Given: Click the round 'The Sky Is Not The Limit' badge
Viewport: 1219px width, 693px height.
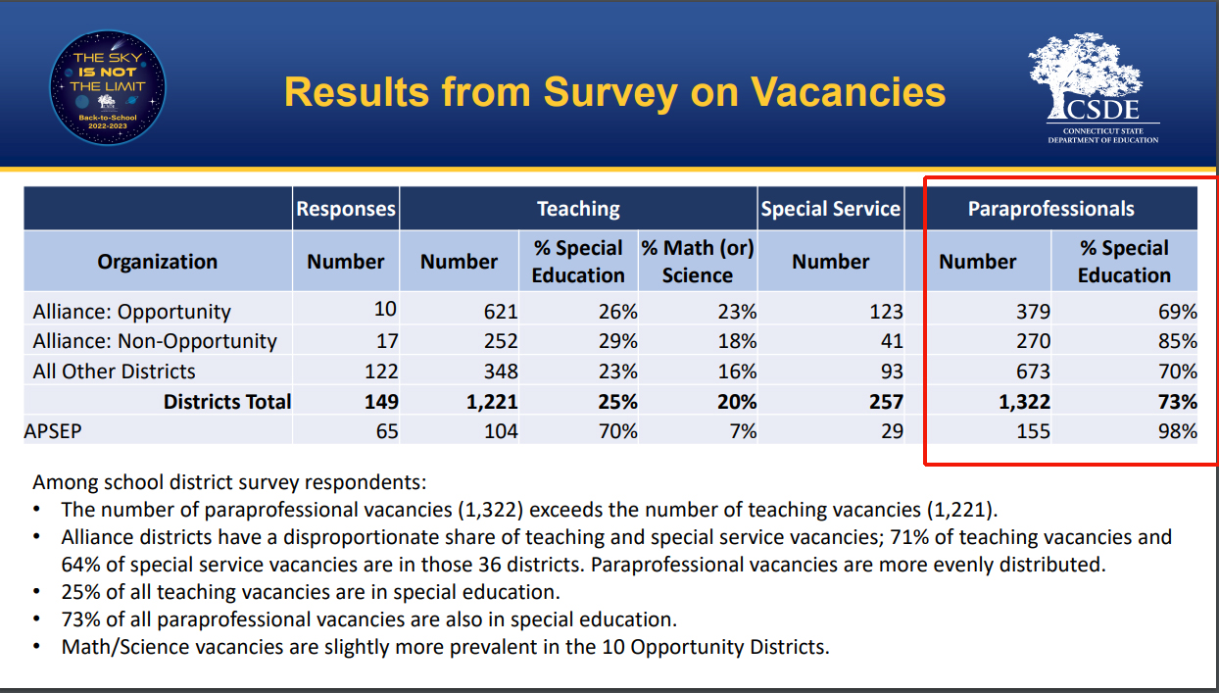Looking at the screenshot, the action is click(x=108, y=87).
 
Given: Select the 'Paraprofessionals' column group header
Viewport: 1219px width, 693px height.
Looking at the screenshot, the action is click(x=1050, y=209).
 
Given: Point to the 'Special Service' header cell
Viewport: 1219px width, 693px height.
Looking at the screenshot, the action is click(x=830, y=209).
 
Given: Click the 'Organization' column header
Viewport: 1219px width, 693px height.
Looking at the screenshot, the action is click(x=157, y=262).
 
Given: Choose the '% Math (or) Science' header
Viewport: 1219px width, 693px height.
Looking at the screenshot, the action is click(x=697, y=262).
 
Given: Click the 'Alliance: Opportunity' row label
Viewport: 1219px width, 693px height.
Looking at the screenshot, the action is click(x=131, y=312).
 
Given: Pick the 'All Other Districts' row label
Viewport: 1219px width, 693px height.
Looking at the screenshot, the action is click(x=114, y=371).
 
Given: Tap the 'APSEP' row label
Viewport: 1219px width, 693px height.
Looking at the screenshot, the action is click(x=53, y=431).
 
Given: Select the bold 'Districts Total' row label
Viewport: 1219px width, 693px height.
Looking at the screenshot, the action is click(x=227, y=402).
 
